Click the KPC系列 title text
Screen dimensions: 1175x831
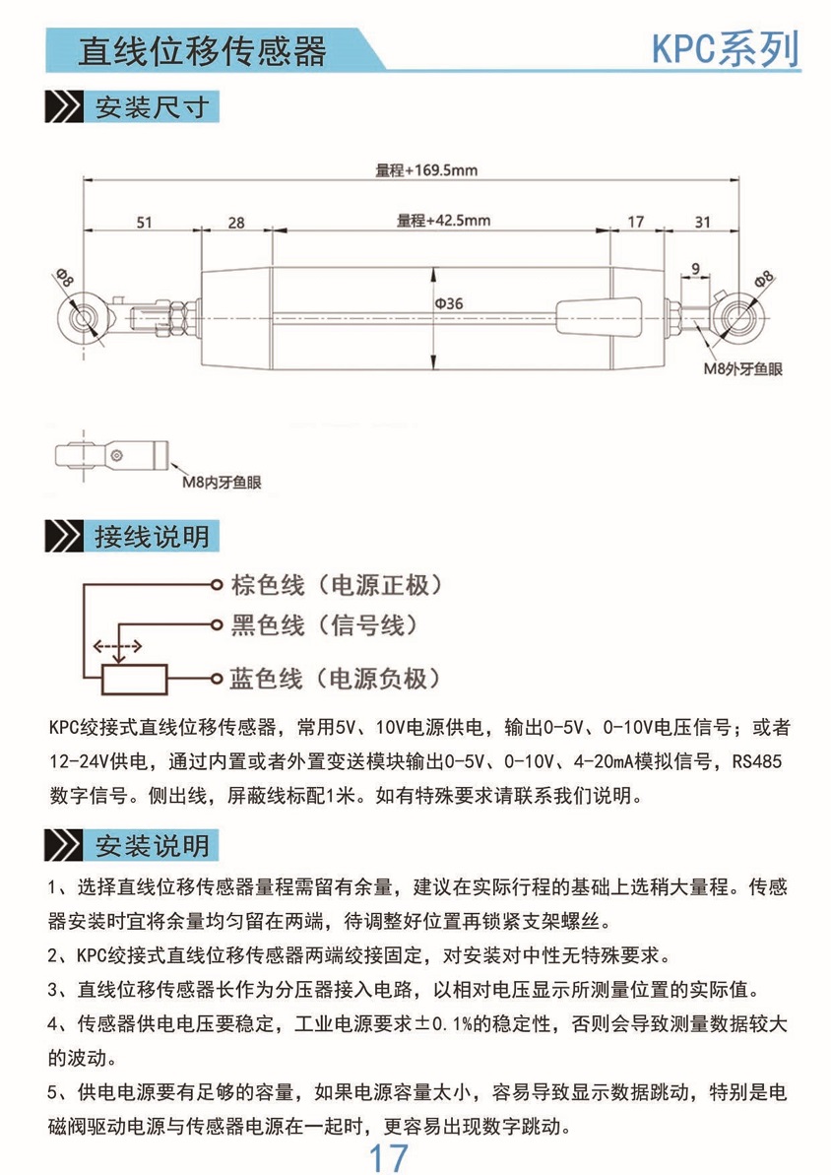coord(725,49)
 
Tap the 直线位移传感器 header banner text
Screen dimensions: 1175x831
coord(202,50)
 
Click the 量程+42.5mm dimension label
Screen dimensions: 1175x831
coord(443,221)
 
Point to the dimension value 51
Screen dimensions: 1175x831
coord(144,223)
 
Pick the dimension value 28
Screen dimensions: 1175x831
coord(236,223)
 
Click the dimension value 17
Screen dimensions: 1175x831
coord(635,223)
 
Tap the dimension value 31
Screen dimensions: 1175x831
coord(702,223)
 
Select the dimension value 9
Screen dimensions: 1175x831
coord(696,268)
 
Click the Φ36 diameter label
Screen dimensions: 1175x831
coord(449,304)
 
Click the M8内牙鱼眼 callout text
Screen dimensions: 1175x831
coord(224,483)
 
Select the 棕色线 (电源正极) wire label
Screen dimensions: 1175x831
coord(335,585)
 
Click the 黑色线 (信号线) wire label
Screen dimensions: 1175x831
coord(325,624)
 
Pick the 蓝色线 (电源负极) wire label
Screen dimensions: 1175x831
coord(335,679)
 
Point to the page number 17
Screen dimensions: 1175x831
coord(387,1157)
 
